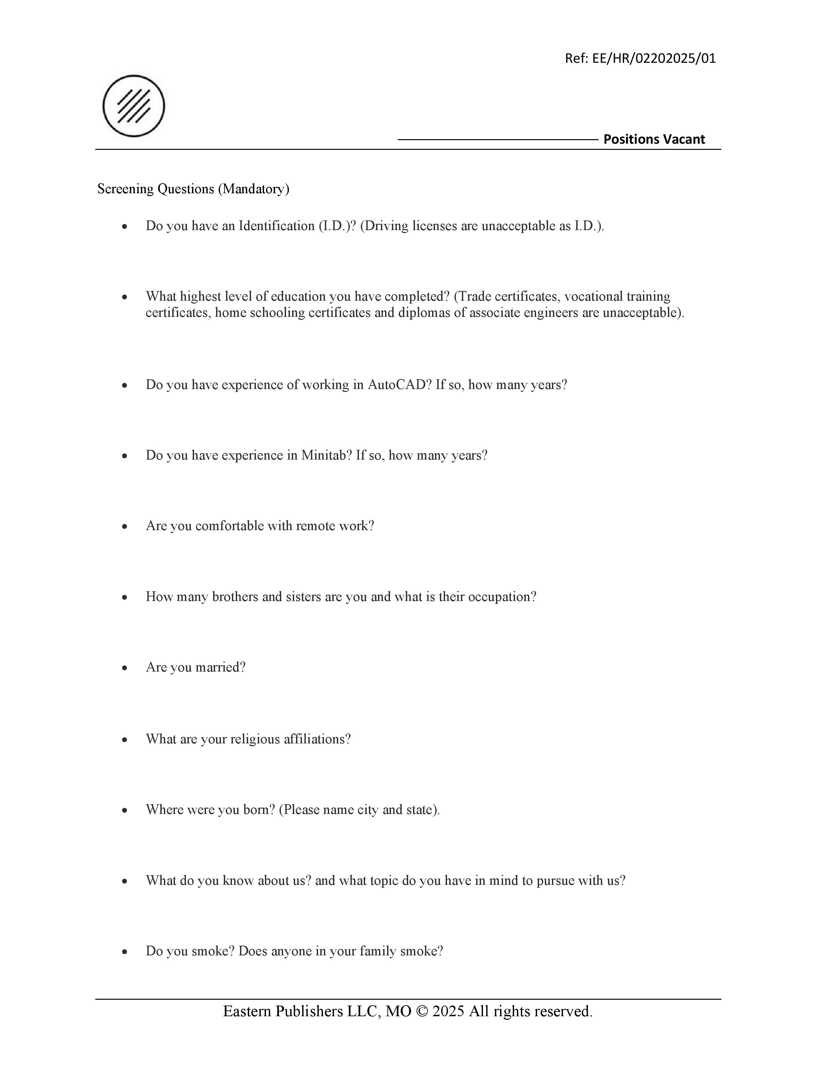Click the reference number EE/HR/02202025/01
[x=654, y=59]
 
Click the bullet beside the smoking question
[x=125, y=951]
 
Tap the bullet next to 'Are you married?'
[x=125, y=668]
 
